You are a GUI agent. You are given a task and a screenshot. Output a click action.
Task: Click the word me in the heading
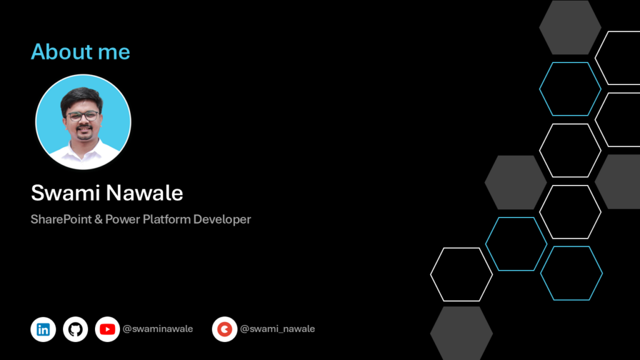(x=114, y=54)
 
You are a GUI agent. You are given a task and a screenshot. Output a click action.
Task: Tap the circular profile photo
(x=83, y=122)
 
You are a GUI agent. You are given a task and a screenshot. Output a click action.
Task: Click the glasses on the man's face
(x=83, y=116)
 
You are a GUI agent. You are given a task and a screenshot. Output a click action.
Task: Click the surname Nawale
(x=145, y=192)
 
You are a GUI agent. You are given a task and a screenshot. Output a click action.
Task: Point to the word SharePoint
(x=61, y=219)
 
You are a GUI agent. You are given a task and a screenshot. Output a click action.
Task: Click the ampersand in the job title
(x=98, y=219)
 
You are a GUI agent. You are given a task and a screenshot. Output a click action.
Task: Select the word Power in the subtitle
(x=123, y=219)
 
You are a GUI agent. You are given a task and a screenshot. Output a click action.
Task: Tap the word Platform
(x=166, y=219)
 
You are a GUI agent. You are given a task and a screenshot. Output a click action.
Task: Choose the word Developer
(x=222, y=219)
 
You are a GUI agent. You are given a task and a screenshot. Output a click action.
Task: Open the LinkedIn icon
(x=43, y=329)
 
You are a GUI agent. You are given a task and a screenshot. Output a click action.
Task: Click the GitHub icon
(x=76, y=329)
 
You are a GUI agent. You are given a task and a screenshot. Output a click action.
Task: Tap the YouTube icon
(x=107, y=329)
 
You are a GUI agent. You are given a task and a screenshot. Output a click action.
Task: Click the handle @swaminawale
(x=157, y=329)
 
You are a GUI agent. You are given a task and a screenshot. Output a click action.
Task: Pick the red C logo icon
(x=224, y=329)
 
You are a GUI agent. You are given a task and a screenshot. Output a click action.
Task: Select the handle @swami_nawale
(x=277, y=329)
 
